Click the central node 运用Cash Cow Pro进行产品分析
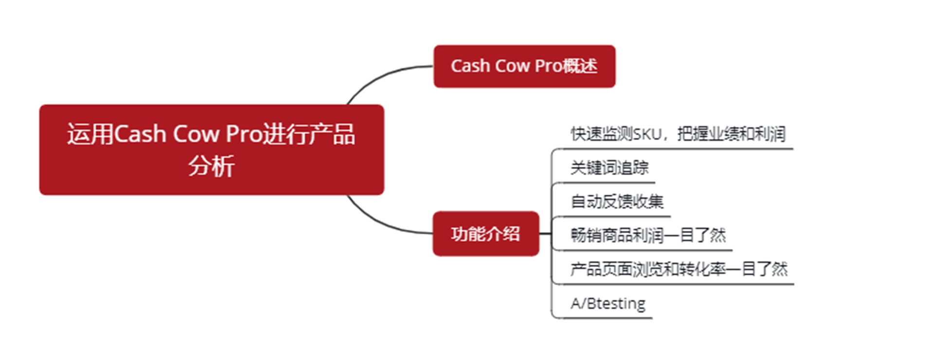pyautogui.click(x=212, y=150)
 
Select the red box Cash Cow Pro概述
pyautogui.click(x=524, y=66)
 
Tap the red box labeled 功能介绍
pyautogui.click(x=485, y=234)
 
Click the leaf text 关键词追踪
pyautogui.click(x=609, y=168)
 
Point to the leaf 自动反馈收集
pyautogui.click(x=617, y=201)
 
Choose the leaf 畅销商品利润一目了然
pyautogui.click(x=648, y=235)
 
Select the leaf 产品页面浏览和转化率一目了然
pyautogui.click(x=679, y=269)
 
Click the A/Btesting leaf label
pyautogui.click(x=608, y=303)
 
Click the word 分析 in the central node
pyautogui.click(x=212, y=166)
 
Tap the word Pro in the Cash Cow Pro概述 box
pyautogui.click(x=548, y=66)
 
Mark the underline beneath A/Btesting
pyautogui.click(x=603, y=318)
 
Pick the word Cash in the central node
pyautogui.click(x=140, y=134)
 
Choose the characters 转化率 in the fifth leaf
pyautogui.click(x=710, y=269)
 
